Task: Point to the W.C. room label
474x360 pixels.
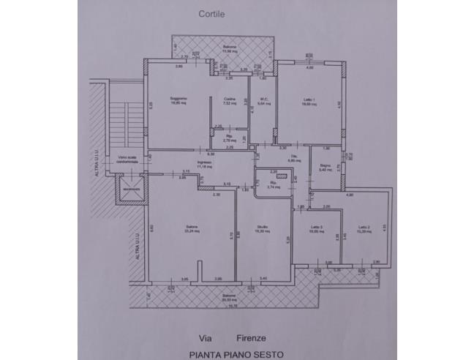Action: click(263, 100)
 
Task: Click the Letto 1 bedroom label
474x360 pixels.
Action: click(308, 100)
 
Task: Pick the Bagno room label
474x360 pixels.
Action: click(325, 167)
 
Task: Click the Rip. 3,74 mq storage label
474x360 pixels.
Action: click(274, 183)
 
